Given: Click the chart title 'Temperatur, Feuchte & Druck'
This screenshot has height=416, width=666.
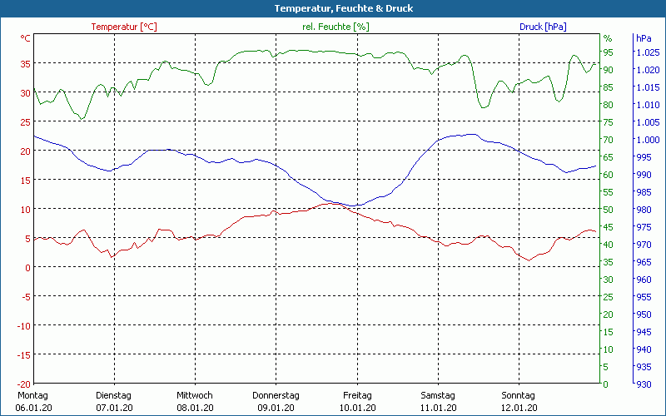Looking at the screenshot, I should coord(332,8).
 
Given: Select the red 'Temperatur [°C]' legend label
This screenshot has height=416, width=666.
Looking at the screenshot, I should coord(124,27).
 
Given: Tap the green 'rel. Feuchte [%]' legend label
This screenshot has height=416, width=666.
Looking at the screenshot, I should coord(335,27).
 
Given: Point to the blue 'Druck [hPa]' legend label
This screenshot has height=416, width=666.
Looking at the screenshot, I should coord(543,27).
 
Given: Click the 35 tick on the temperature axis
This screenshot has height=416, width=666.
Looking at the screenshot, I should coord(26,63).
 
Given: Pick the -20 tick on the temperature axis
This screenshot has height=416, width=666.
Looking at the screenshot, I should coord(23,384).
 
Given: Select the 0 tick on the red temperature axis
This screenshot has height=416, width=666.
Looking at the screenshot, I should coord(28,267).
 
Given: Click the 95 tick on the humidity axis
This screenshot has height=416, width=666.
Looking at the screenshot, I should coord(608,52).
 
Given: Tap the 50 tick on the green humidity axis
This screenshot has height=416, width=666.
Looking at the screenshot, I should coord(608,210).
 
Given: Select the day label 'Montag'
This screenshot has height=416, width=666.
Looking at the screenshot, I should coord(32,395).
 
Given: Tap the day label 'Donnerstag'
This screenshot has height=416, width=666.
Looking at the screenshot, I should coord(276,395).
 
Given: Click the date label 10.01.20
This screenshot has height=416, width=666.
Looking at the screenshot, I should coord(357,408).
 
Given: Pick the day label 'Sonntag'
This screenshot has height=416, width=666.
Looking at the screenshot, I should coord(519,395).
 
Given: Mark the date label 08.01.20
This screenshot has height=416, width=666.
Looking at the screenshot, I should coord(195,408).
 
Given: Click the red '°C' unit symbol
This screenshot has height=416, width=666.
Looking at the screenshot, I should coord(26,38).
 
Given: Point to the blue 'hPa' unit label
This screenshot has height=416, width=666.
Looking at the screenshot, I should coord(644,38).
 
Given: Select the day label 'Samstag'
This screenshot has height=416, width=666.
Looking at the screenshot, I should coord(438,395).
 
